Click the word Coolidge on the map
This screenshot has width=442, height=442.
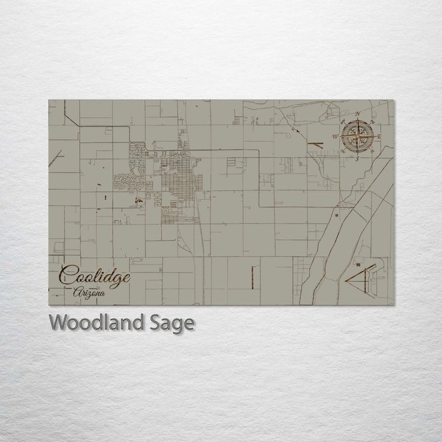click(95, 276)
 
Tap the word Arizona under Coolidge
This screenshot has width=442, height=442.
click(88, 293)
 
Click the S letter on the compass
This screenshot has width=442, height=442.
click(357, 158)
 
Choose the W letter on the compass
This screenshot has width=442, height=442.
click(335, 136)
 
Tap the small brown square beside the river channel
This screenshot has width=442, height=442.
click(336, 215)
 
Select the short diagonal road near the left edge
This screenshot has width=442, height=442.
click(56, 158)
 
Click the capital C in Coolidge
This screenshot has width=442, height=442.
click(68, 274)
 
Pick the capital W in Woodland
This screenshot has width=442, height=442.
click(59, 322)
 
